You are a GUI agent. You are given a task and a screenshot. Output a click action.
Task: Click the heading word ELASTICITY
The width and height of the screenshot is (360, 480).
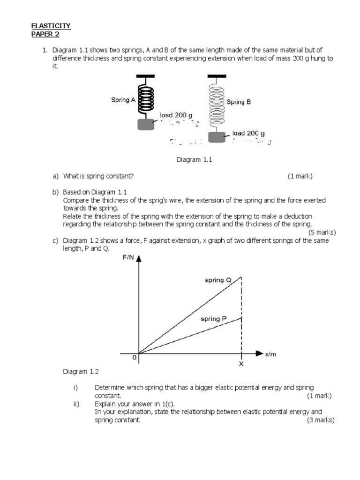click(x=51, y=26)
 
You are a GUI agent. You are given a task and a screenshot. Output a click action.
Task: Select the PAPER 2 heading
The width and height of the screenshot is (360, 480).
click(x=45, y=34)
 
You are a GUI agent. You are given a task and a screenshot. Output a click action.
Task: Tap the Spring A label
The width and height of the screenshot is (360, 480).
click(x=123, y=100)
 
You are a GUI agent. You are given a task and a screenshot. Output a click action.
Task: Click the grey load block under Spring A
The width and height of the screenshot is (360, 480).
click(x=146, y=124)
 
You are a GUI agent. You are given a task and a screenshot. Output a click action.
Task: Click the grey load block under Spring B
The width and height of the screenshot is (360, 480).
click(x=217, y=137)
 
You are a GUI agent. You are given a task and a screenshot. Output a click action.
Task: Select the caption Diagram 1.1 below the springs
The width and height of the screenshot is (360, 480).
click(x=194, y=160)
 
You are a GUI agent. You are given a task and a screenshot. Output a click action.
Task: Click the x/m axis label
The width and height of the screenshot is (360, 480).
click(x=271, y=355)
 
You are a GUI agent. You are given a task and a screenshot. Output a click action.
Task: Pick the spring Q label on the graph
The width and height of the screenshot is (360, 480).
click(x=218, y=280)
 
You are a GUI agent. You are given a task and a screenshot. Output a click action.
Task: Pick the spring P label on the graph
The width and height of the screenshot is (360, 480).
click(x=214, y=319)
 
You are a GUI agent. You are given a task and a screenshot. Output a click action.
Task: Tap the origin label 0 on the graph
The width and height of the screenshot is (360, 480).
click(x=134, y=358)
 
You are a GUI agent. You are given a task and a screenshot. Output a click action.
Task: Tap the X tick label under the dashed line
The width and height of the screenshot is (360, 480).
click(x=241, y=364)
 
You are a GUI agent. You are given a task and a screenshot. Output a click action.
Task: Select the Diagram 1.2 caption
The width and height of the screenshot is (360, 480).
click(x=81, y=371)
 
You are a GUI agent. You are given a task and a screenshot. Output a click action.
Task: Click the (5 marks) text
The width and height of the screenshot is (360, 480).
click(x=322, y=232)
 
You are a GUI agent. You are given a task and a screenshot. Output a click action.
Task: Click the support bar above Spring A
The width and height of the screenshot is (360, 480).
click(x=146, y=76)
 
